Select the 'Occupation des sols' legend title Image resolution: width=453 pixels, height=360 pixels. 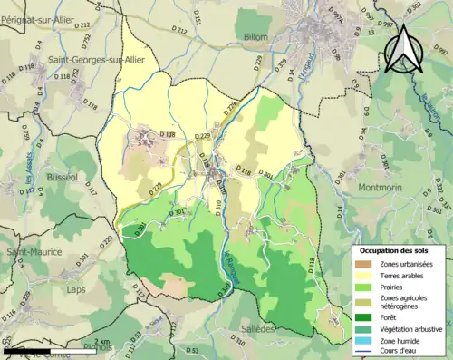(x=392, y=249)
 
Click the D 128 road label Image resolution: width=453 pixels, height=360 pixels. (x=167, y=135)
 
